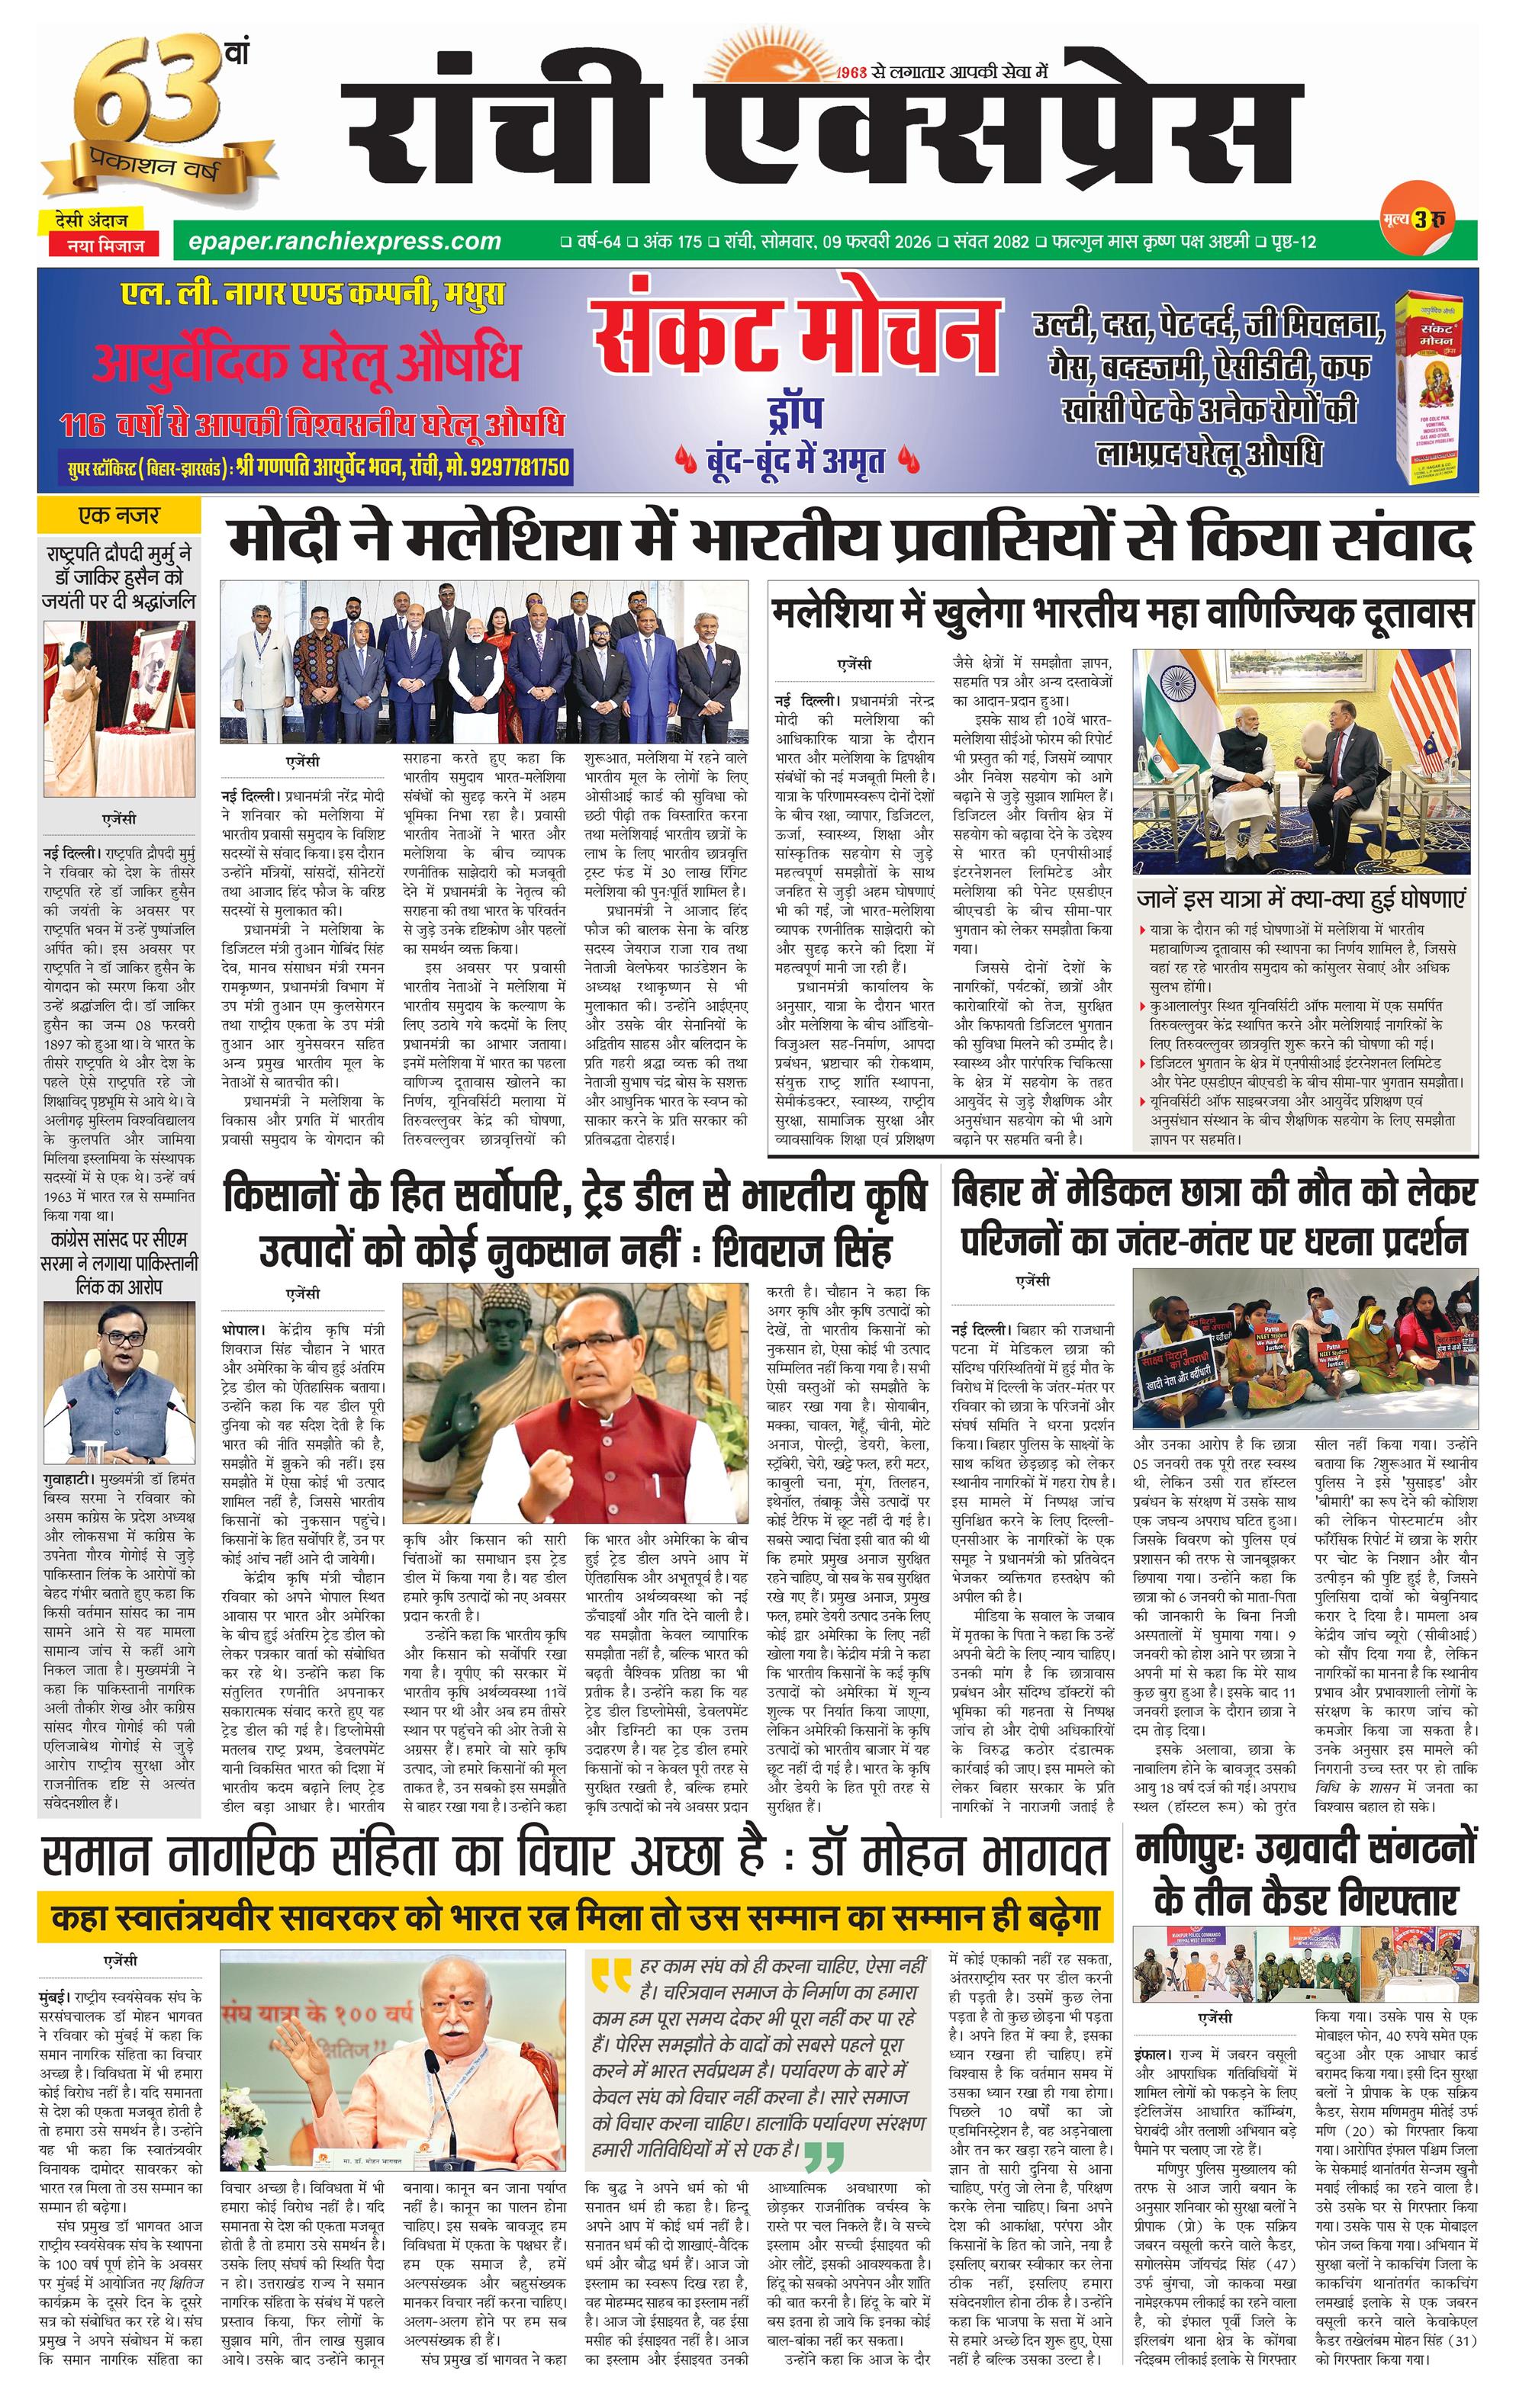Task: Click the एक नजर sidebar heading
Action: point(119,516)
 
